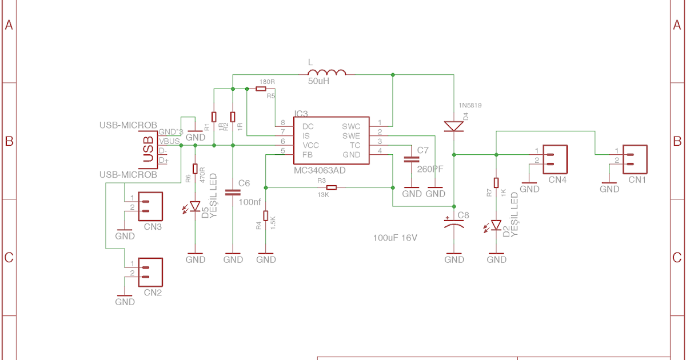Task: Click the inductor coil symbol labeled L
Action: click(x=327, y=73)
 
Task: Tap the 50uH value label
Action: click(x=318, y=82)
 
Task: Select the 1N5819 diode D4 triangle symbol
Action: click(x=453, y=126)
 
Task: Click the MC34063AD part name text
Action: click(x=320, y=170)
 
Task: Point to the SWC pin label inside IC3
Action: click(x=351, y=126)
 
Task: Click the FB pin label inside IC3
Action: click(x=307, y=155)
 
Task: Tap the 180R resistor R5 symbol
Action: click(x=261, y=89)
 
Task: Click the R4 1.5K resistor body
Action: click(x=266, y=215)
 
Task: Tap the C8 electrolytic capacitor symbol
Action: click(x=454, y=223)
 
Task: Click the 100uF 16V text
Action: click(x=395, y=237)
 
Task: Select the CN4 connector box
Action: click(x=556, y=159)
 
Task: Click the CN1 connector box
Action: click(x=635, y=159)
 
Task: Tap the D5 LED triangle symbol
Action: click(x=196, y=206)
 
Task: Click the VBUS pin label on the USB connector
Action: click(x=170, y=141)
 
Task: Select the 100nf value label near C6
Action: click(x=249, y=202)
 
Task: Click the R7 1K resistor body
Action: click(x=496, y=183)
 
